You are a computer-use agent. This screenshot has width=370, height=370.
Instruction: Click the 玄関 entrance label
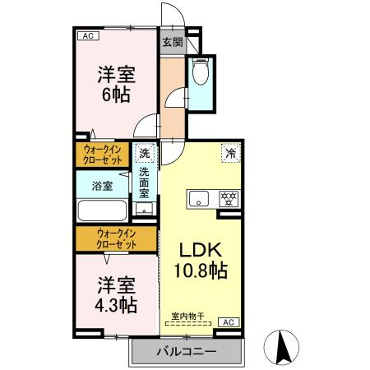171,42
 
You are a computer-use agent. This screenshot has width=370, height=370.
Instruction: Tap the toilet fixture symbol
200,75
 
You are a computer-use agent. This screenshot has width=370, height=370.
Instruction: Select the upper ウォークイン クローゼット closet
104,155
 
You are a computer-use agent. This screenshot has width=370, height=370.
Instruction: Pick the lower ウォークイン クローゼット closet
116,239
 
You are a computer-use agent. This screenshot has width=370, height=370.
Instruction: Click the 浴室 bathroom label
102,186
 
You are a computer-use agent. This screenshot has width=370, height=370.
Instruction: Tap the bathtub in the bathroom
102,210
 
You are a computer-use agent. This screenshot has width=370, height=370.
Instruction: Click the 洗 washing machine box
144,153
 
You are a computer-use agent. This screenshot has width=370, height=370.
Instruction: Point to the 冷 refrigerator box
231,153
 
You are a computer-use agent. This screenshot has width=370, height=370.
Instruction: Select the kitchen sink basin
200,199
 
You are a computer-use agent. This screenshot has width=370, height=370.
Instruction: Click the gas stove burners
227,198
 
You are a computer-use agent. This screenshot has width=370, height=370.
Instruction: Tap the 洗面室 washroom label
144,182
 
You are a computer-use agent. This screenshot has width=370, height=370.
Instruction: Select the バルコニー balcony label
186,352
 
